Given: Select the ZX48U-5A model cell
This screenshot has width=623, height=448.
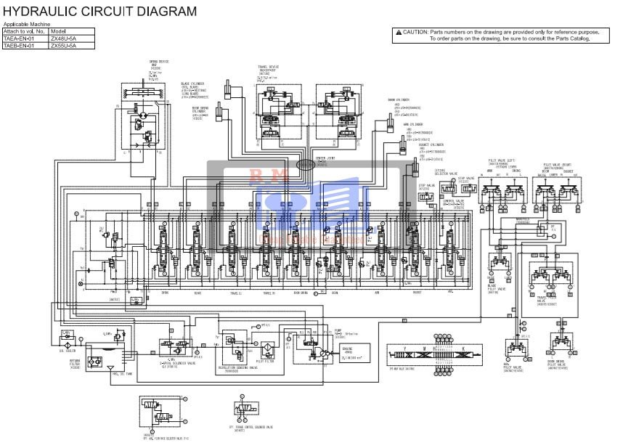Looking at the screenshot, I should tap(62, 38).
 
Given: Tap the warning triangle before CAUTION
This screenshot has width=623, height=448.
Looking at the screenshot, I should tap(398, 33).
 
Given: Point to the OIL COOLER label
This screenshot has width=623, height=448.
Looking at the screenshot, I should tap(67, 351).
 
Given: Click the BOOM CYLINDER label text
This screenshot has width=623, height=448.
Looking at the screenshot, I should tap(399, 100).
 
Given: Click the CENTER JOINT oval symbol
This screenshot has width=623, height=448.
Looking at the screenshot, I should tap(305, 166).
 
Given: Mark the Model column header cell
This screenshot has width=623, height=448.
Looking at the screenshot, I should tap(59, 32).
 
